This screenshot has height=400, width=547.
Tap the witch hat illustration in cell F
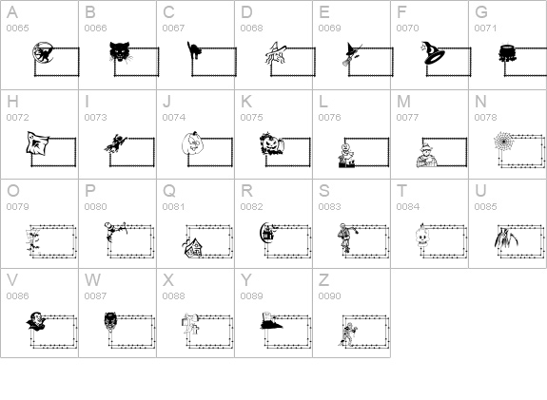pos(433,52)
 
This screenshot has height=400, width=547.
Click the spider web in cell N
pos(504,142)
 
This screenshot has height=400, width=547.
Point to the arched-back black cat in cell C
pos(194,50)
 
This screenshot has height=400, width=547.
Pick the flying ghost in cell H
pos(37,143)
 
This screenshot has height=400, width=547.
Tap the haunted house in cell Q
pos(192,247)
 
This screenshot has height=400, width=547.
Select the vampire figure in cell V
pos(36,321)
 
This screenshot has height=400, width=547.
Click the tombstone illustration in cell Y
pos(271,320)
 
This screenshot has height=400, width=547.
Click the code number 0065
pos(17,28)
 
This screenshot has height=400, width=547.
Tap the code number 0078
pos(485,118)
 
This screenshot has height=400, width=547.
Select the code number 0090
pos(329,295)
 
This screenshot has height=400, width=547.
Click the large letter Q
pos(169,191)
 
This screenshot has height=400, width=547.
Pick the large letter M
pos(403,102)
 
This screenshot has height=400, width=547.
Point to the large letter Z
pos(323,279)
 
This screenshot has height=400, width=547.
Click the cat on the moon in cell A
pos(43,53)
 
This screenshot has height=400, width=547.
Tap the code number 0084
pos(407,206)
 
